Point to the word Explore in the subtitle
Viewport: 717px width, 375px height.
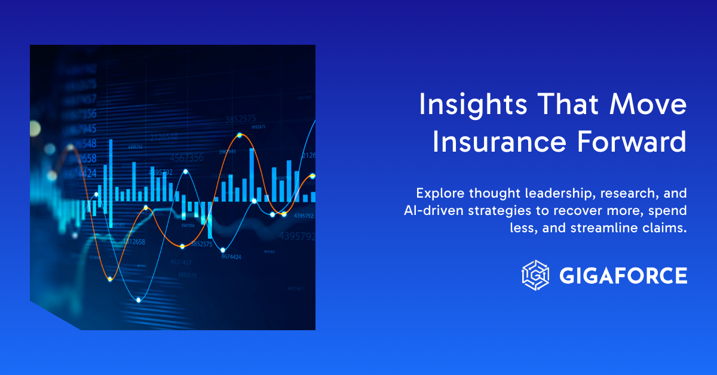click(438, 193)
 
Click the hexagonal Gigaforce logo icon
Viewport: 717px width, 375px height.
click(535, 275)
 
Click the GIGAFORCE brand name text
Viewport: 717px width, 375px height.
click(623, 275)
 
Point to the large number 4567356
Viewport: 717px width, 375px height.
click(186, 158)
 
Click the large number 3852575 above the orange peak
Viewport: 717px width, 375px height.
click(241, 119)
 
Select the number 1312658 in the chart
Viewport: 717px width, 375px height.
click(134, 242)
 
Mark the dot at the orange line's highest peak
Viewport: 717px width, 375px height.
click(239, 136)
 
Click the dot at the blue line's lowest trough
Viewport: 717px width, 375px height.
click(139, 300)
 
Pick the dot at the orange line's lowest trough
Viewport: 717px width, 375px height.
click(109, 279)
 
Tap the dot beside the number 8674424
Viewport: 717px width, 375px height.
click(223, 250)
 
